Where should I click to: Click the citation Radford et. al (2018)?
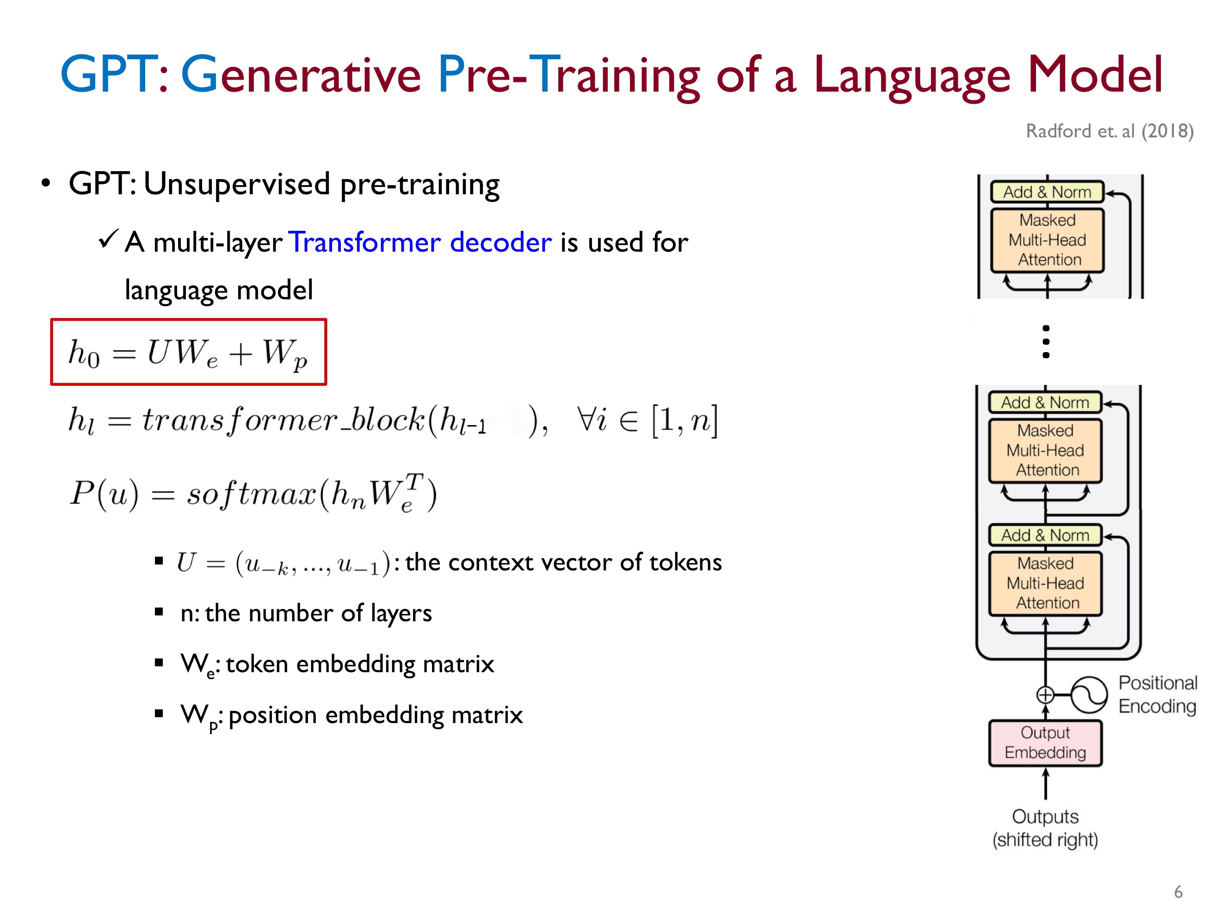tap(1110, 131)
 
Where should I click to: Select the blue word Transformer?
tap(365, 242)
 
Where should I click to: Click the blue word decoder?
tap(500, 242)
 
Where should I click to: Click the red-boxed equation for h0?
tap(188, 352)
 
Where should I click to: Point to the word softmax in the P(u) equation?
tap(251, 493)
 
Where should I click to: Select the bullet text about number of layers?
tap(306, 613)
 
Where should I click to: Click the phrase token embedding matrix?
tap(360, 664)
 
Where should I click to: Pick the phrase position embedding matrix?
tap(376, 715)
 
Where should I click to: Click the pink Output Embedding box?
tap(1045, 743)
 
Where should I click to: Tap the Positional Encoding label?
tap(1158, 694)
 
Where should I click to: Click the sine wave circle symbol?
tap(1089, 694)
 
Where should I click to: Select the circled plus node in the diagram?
tap(1045, 694)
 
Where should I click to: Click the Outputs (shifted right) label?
tap(1045, 828)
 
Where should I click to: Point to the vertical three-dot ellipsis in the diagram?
tap(1045, 342)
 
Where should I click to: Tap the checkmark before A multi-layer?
tap(108, 239)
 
